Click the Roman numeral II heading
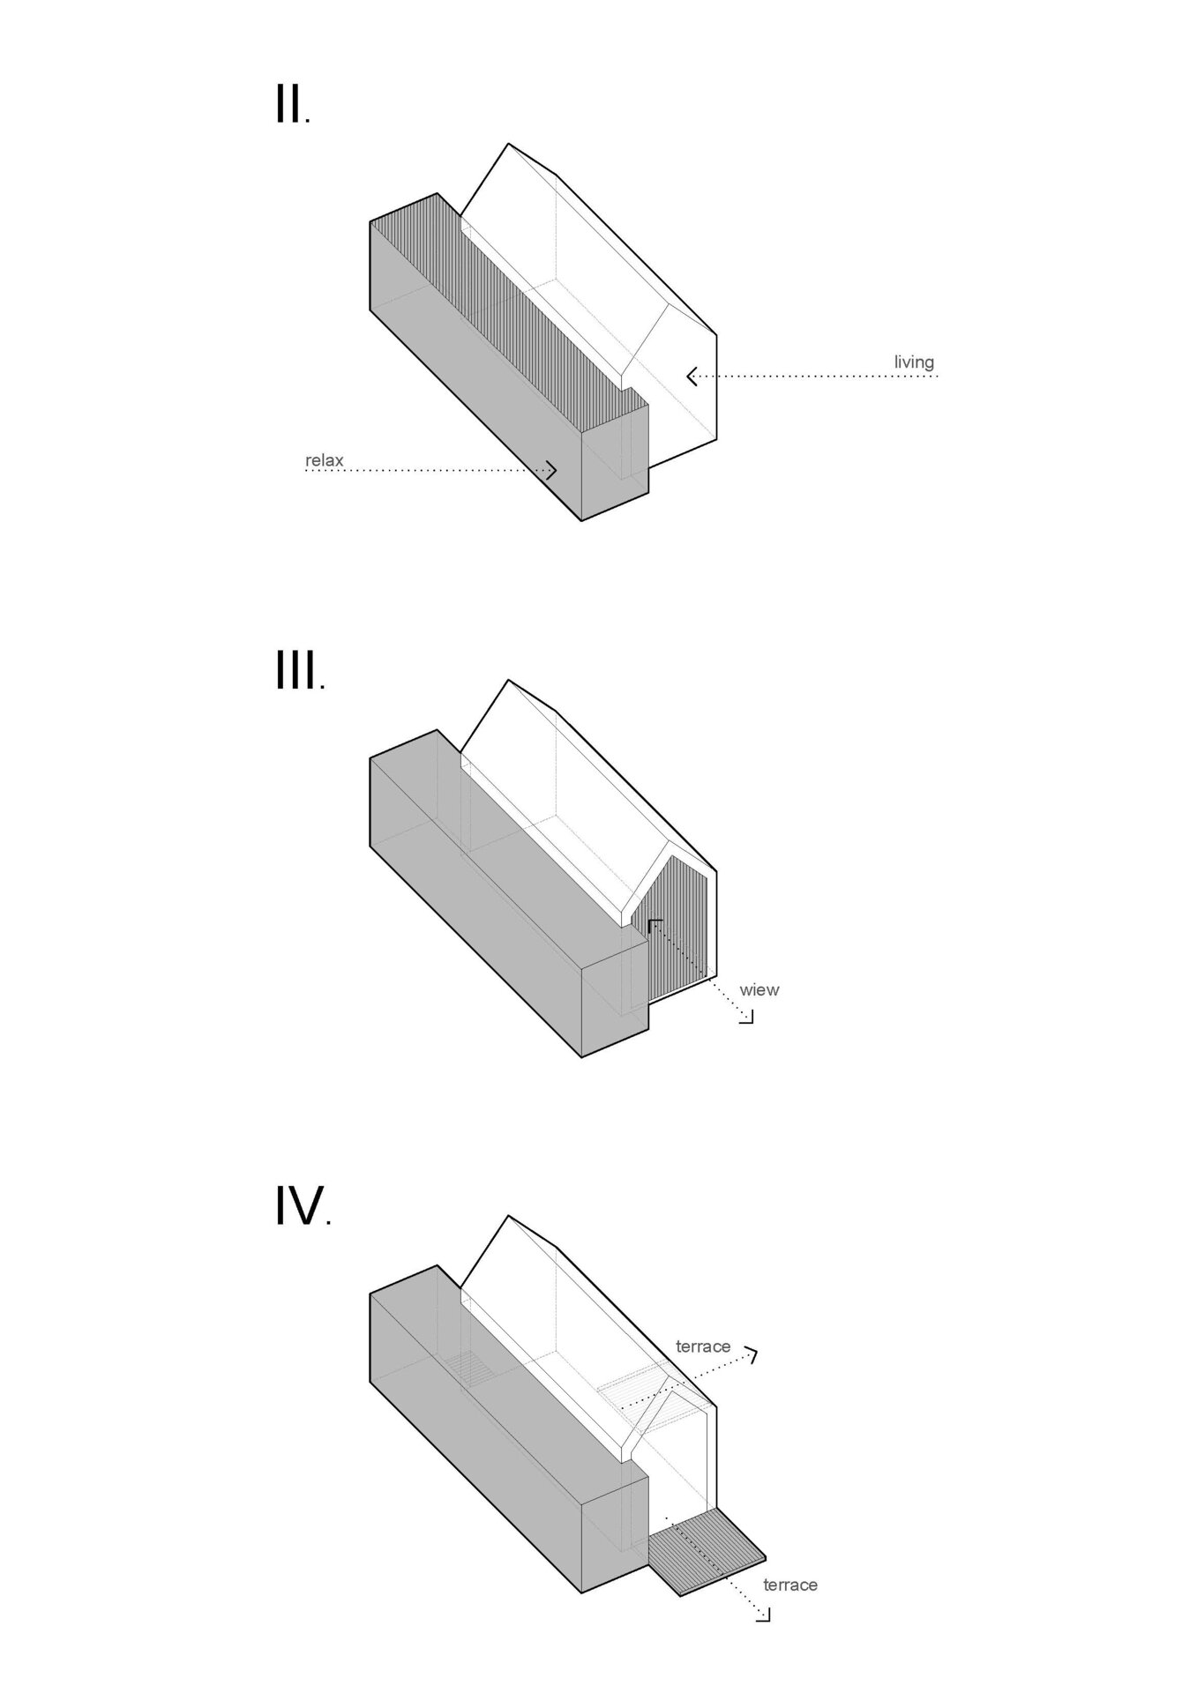[292, 106]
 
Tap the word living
[914, 362]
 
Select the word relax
[325, 460]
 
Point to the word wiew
[759, 990]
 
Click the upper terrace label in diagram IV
[703, 1346]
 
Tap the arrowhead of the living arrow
[693, 377]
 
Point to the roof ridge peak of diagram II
[508, 144]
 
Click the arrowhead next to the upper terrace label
[752, 1354]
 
